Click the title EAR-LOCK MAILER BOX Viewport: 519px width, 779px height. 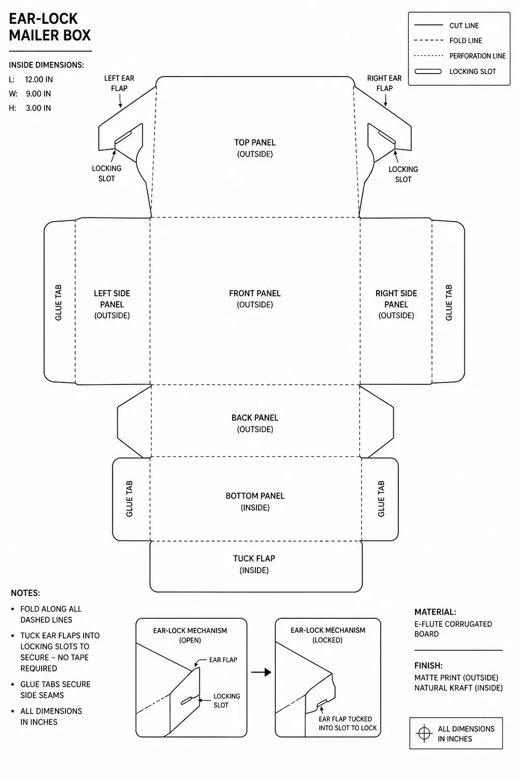tap(50, 27)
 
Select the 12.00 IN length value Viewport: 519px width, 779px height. tap(39, 79)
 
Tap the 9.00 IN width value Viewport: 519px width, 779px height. tap(38, 93)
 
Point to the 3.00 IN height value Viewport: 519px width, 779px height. tap(38, 108)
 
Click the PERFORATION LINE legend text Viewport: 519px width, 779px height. tap(477, 56)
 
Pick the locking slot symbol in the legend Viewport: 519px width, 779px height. tap(428, 72)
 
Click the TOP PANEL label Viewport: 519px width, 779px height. tap(255, 142)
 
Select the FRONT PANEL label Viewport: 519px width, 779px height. tap(255, 293)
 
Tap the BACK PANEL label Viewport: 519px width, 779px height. tap(255, 418)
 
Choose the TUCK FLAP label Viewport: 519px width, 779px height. tap(254, 558)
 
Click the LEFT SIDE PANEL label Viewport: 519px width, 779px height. tap(112, 299)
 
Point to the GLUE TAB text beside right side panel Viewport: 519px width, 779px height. tap(449, 303)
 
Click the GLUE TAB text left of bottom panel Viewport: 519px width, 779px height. tap(129, 499)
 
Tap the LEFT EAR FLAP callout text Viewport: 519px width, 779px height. tap(119, 83)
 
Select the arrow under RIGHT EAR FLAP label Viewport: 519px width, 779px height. tap(385, 100)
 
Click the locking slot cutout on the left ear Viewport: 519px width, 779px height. tap(123, 137)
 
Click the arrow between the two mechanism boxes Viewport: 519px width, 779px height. tap(261, 672)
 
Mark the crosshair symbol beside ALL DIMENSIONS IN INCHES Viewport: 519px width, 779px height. tap(424, 733)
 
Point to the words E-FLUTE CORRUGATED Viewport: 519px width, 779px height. tap(453, 624)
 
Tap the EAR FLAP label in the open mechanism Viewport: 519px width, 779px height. tap(223, 660)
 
